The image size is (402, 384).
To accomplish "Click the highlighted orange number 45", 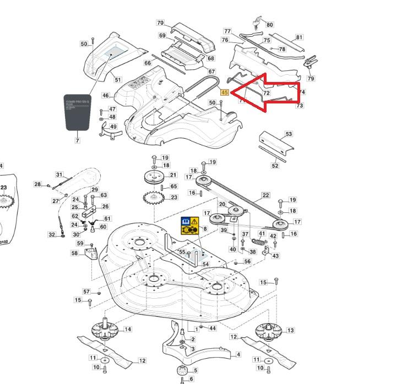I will click(224, 92).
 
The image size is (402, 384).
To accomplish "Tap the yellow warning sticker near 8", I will click(190, 225).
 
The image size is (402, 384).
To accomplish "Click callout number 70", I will click(160, 23).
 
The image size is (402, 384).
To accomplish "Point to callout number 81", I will click(299, 37).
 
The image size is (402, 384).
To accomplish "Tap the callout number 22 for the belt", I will click(265, 195).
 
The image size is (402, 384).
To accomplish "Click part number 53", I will click(289, 134).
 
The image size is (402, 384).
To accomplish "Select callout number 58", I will click(74, 253).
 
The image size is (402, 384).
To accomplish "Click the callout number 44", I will click(212, 328).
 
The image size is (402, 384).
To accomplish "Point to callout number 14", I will click(128, 329).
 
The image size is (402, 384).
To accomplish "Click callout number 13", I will click(290, 330).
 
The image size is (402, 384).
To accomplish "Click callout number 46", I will click(105, 96).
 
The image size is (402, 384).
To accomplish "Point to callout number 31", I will click(59, 175).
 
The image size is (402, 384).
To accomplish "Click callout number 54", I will click(205, 265).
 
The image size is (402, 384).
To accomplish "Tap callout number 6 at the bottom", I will click(191, 379).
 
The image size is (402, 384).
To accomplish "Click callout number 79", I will click(311, 79).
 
